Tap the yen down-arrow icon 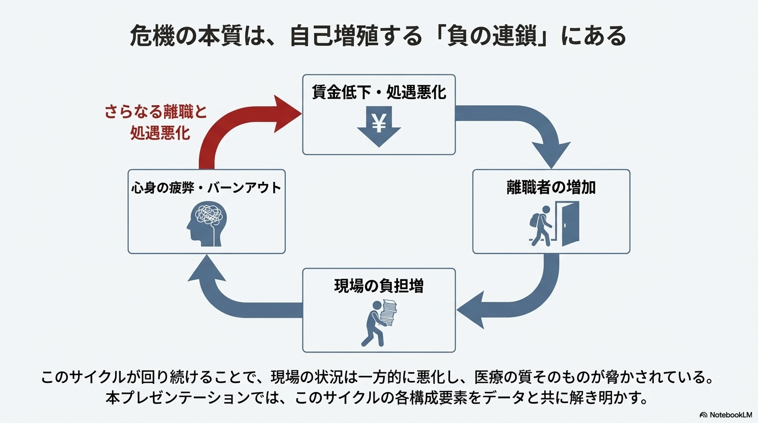point(378,126)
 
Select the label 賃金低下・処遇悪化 point(378,91)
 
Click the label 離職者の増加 point(551,187)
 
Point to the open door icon point(567,224)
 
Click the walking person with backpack point(540,225)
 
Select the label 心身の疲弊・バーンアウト point(206,188)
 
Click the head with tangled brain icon point(205,223)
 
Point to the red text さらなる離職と point(156,112)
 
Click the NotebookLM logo point(726,415)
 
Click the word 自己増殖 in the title point(331,36)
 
